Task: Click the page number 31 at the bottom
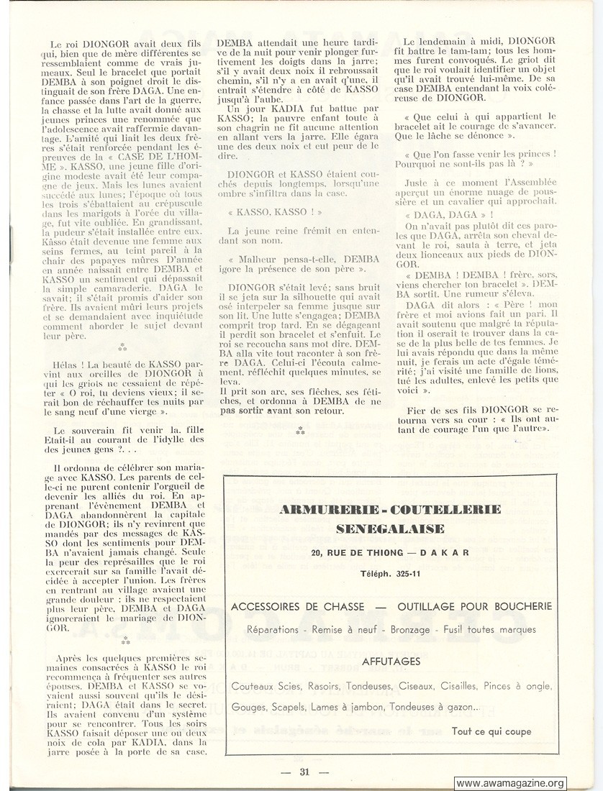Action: click(x=304, y=772)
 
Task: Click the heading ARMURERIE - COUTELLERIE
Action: click(x=389, y=510)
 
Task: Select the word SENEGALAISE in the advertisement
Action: click(x=389, y=529)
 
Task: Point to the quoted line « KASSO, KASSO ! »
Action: click(x=274, y=213)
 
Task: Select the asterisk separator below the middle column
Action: click(x=300, y=431)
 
